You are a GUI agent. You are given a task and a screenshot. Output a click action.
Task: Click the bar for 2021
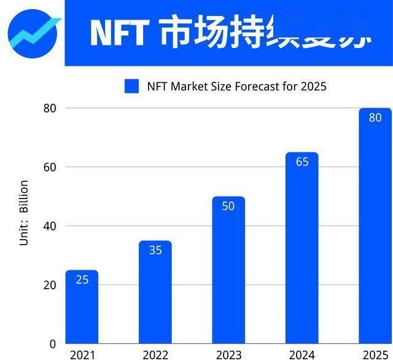point(82,310)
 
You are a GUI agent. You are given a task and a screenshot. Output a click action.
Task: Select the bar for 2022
point(155,295)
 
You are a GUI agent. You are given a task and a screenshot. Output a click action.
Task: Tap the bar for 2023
point(228,273)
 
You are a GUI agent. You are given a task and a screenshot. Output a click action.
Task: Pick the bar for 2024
point(302,252)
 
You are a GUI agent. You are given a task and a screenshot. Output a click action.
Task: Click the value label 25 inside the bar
point(82,280)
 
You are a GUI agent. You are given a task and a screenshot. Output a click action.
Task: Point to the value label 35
point(155,250)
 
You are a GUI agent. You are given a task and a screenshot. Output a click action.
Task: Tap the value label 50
point(228,206)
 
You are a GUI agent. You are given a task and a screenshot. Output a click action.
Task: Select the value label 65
point(302,162)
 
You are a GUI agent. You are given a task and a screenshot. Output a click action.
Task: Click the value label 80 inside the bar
point(375,117)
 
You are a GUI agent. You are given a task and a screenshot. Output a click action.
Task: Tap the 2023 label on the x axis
point(228,354)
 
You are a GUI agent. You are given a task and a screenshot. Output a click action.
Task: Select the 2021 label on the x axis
point(82,354)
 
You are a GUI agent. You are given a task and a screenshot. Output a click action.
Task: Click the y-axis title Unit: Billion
point(24,213)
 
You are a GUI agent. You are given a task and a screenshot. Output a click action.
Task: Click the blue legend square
point(132,86)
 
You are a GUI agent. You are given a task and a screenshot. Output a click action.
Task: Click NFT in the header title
point(119,33)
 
